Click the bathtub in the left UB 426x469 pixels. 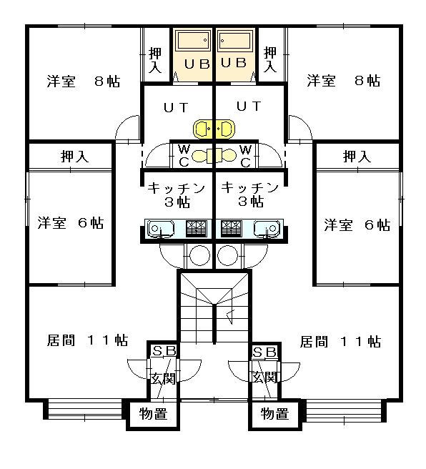coord(192,41)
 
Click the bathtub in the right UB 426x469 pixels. coord(234,41)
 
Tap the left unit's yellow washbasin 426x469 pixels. coord(204,129)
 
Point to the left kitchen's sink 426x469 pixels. coord(160,229)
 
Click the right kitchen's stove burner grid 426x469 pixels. coord(231,229)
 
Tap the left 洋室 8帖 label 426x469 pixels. coord(84,81)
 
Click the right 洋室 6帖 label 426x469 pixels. coord(357,224)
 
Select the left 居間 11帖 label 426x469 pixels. coord(88,340)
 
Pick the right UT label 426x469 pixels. coord(249,107)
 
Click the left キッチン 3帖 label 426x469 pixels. coord(177,195)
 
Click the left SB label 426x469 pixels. coord(164,351)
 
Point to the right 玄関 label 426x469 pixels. coord(265,377)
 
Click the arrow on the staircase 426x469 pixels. coord(230,317)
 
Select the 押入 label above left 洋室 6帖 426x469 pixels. coord(75,157)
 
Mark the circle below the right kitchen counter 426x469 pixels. coord(227,256)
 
